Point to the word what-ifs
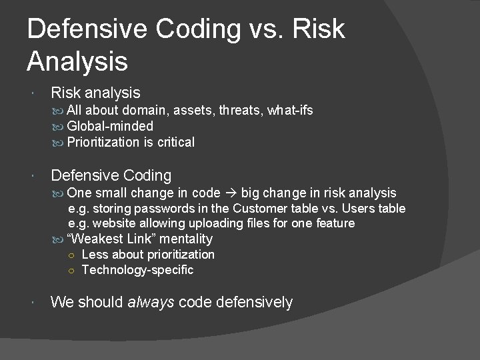coord(291,111)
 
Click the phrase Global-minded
coord(109,126)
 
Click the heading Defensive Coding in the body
coord(111,175)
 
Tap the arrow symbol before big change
coord(231,193)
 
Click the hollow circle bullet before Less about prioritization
coord(71,255)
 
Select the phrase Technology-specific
coord(137,270)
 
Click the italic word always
coord(153,302)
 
